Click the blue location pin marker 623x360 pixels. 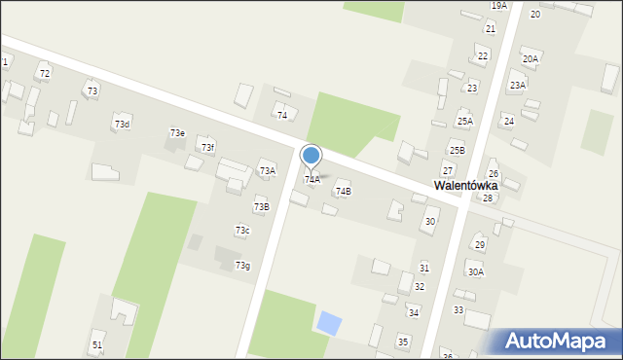(311, 156)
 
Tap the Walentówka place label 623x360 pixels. (465, 185)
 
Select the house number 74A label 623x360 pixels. (312, 179)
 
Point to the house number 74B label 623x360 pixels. (343, 192)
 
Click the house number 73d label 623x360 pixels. (122, 124)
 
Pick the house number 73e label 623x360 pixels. (177, 132)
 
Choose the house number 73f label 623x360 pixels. (207, 147)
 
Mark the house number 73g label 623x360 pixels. (242, 266)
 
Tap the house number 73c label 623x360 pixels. (242, 230)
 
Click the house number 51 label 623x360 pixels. (97, 345)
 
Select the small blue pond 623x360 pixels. (330, 322)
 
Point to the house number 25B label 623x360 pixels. (457, 150)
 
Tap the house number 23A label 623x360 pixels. (517, 85)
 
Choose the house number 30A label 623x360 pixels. (475, 272)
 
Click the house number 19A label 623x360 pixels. (498, 6)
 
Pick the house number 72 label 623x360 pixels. (44, 74)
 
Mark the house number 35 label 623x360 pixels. (403, 342)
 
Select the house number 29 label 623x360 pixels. (479, 244)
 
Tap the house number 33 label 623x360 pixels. (458, 309)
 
